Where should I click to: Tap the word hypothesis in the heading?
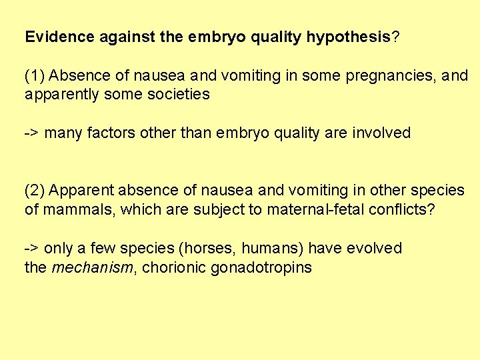pyautogui.click(x=348, y=37)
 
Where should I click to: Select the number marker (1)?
pyautogui.click(x=35, y=75)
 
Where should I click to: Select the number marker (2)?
pyautogui.click(x=35, y=191)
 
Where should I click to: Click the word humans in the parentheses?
pyautogui.click(x=272, y=249)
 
